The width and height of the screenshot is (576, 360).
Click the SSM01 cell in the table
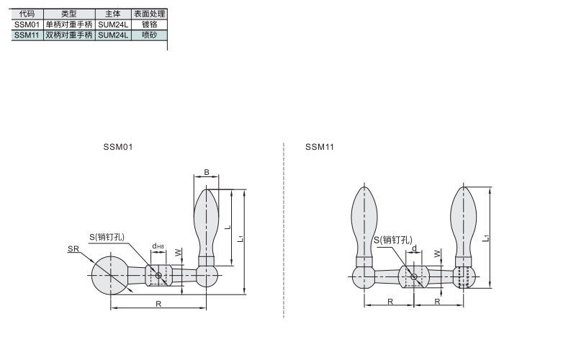coord(27,24)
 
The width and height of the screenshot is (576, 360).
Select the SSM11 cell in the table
coord(27,35)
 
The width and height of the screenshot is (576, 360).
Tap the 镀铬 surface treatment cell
coord(150,24)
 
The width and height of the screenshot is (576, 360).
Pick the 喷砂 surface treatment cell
coord(150,35)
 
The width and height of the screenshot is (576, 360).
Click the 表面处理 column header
coord(150,14)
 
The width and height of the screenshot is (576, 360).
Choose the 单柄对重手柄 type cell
coord(69,24)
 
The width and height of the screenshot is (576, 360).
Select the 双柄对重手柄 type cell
coord(69,35)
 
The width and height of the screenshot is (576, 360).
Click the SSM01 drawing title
coord(118,147)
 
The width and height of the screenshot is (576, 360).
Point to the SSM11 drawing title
coord(320,147)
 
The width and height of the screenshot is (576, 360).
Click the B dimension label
coord(207,172)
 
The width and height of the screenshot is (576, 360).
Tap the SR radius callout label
coord(73,248)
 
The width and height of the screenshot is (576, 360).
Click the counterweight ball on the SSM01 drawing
coord(110,275)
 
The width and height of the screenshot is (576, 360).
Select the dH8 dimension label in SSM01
coord(158,246)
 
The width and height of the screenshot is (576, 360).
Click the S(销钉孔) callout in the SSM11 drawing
coord(392,240)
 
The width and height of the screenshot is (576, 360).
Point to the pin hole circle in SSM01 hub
coord(158,275)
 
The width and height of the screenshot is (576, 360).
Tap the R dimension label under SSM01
coord(158,304)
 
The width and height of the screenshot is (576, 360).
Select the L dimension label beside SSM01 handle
coord(228,228)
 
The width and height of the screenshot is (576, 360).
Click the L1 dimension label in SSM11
coord(486,238)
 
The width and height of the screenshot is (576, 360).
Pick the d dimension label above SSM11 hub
coord(415,248)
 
